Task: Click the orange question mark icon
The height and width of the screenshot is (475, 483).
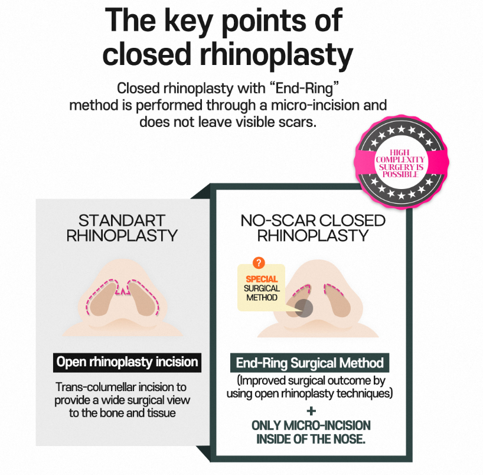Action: [259, 263]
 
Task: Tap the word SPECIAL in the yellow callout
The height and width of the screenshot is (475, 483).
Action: [262, 279]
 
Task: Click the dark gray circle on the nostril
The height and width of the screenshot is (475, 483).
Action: [303, 308]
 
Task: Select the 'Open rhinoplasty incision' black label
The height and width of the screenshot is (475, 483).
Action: [127, 362]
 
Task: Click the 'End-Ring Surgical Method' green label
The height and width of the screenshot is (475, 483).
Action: [309, 363]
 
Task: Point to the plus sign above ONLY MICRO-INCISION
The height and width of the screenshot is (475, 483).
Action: [311, 411]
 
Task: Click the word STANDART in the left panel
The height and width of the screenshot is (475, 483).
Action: [122, 220]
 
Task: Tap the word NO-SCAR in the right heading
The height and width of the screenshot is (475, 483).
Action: [278, 221]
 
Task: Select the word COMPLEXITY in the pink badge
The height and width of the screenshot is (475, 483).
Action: [400, 160]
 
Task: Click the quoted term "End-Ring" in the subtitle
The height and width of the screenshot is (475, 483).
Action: [304, 89]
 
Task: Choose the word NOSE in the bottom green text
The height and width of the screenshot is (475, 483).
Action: [350, 439]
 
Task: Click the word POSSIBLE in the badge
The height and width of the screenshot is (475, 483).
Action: [400, 174]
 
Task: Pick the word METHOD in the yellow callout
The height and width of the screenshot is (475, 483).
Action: [262, 297]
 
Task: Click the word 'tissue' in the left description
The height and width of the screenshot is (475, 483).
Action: [162, 413]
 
